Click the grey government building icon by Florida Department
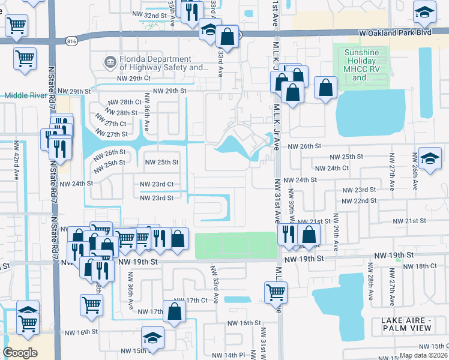110,61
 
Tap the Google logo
20,352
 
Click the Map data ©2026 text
423,355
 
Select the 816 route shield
72,41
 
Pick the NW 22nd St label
359,200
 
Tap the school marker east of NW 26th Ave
430,158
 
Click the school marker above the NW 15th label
152,337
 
